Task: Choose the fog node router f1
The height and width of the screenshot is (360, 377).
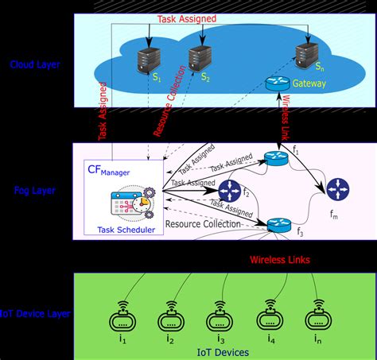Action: pos(274,159)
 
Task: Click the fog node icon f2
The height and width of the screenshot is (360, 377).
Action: pos(230,190)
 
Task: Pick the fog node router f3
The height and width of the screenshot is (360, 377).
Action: pos(278,225)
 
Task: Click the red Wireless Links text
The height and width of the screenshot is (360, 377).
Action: pos(281,259)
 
